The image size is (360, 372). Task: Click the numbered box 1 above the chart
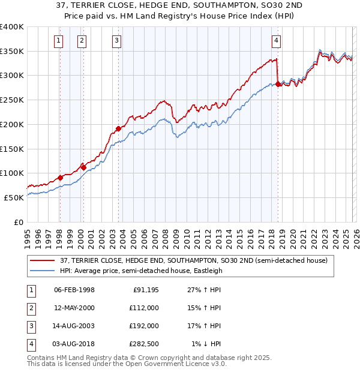click(x=58, y=41)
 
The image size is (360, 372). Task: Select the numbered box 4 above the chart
click(x=276, y=41)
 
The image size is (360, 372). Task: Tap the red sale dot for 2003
click(x=119, y=128)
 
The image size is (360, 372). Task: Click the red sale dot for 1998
click(x=60, y=178)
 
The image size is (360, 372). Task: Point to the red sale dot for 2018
click(x=278, y=84)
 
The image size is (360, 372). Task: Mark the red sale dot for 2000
click(x=83, y=167)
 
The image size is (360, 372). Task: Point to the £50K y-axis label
click(x=14, y=197)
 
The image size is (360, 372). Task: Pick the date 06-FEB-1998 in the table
click(x=74, y=290)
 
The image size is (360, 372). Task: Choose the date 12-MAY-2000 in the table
click(x=74, y=308)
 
